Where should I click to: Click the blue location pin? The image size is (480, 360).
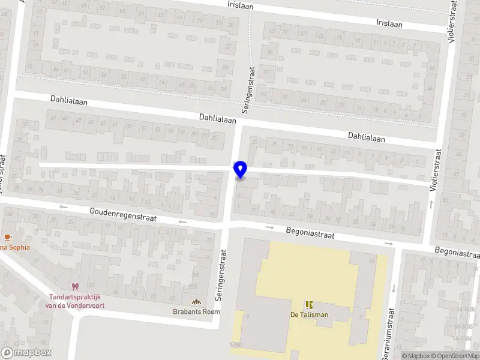pyautogui.click(x=241, y=170)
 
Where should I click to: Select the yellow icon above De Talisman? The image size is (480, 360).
pyautogui.click(x=310, y=305)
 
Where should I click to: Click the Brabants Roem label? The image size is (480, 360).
pyautogui.click(x=196, y=312)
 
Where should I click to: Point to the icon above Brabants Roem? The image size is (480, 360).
pyautogui.click(x=196, y=302)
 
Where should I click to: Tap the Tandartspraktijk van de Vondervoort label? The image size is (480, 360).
pyautogui.click(x=74, y=301)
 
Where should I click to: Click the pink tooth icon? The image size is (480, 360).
pyautogui.click(x=74, y=287)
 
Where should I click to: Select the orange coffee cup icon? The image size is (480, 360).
pyautogui.click(x=8, y=237)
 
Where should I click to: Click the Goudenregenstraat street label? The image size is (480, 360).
pyautogui.click(x=123, y=215)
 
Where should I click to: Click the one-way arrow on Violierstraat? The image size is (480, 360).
pyautogui.click(x=432, y=205)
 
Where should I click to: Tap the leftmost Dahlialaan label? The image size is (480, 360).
pyautogui.click(x=69, y=102)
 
